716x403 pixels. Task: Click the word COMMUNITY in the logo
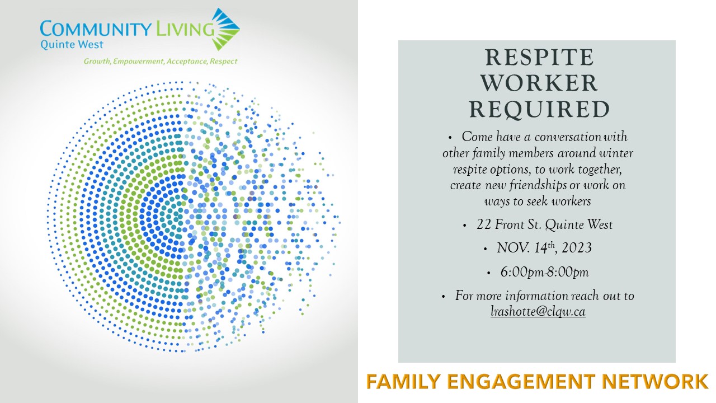[x=96, y=29]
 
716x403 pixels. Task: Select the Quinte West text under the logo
[x=72, y=44]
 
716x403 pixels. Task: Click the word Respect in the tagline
[x=223, y=61]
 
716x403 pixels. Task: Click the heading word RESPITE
[x=540, y=57]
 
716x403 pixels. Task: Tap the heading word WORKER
[x=540, y=83]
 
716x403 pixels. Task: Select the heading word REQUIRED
[x=540, y=109]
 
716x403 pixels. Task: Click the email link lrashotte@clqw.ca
[x=538, y=312]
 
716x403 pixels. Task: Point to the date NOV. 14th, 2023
[x=544, y=248]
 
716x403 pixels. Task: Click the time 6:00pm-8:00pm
[x=544, y=272]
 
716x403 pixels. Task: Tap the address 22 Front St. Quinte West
[x=544, y=224]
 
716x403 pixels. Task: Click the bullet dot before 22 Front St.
[x=465, y=226]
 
